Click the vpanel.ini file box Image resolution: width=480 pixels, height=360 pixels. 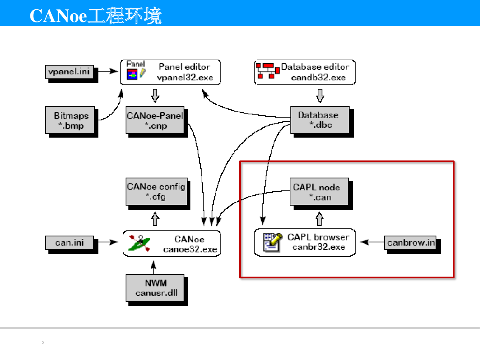point(70,72)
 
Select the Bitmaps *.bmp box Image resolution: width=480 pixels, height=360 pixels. point(70,120)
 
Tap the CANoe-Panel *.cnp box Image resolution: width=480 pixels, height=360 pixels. point(155,120)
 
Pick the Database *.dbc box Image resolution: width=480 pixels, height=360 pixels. point(320,120)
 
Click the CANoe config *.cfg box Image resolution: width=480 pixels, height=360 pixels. point(156,192)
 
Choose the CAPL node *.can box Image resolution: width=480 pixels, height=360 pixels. point(319,192)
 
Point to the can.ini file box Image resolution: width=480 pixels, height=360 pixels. point(70,243)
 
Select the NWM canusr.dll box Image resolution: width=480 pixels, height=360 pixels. point(155,288)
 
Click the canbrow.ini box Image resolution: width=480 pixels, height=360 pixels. point(410,243)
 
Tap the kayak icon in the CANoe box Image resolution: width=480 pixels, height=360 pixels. point(140,243)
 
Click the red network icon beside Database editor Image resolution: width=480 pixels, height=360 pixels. point(268,71)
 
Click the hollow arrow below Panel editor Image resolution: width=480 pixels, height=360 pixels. point(155,96)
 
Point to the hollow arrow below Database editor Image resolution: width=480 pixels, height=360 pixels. point(320,96)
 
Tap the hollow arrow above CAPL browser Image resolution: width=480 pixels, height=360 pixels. point(319,219)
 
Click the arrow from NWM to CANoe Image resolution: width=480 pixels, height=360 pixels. point(153,267)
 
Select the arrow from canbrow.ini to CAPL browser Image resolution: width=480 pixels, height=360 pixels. point(372,242)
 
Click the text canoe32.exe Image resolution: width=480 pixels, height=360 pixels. point(190,249)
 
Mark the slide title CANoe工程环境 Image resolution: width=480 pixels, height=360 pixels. point(96,15)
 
